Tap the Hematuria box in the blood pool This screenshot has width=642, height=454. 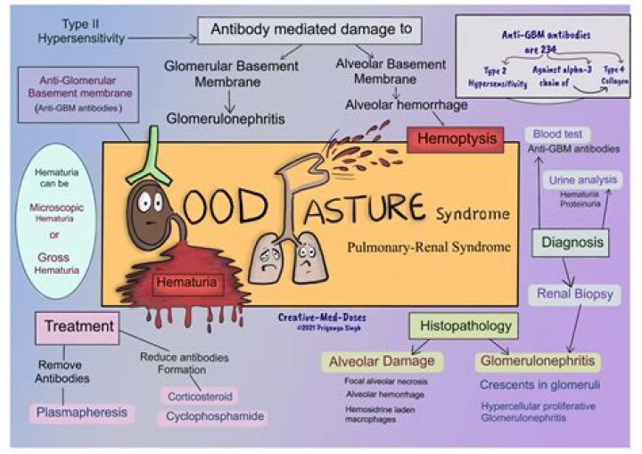[x=185, y=284]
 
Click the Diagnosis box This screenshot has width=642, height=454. [x=572, y=243]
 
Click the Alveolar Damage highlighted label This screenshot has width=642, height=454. [x=382, y=361]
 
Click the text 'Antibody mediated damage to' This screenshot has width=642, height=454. [x=310, y=29]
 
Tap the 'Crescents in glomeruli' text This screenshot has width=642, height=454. [x=539, y=385]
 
